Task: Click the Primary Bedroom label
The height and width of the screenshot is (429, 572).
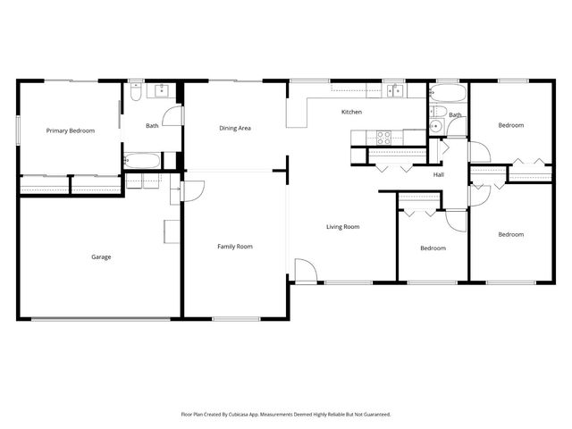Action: (x=71, y=130)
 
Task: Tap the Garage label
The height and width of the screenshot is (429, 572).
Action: (x=101, y=257)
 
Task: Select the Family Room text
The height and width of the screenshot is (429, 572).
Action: (x=235, y=246)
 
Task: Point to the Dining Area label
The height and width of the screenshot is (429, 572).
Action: (x=235, y=128)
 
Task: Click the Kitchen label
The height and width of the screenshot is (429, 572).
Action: (x=351, y=112)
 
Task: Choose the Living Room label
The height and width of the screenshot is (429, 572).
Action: (x=342, y=227)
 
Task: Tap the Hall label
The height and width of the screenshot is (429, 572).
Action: (x=439, y=174)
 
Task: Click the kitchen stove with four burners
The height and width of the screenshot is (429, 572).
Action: (x=383, y=137)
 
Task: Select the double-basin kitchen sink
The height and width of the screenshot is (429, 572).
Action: (x=394, y=90)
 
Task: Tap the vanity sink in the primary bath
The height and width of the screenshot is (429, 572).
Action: (x=163, y=90)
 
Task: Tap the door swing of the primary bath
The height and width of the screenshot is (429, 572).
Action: (x=173, y=116)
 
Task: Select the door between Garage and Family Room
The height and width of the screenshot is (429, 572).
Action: (x=191, y=190)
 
